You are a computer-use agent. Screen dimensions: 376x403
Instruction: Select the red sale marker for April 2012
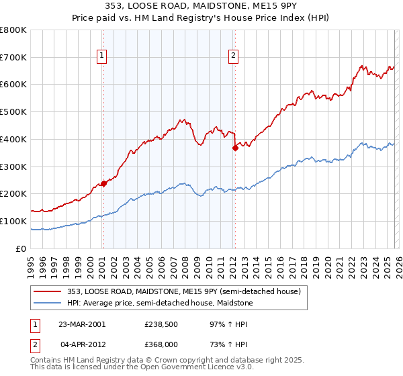click(235, 148)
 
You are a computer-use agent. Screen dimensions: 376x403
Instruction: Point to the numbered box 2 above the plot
click(234, 56)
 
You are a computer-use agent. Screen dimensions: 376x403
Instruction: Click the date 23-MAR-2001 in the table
click(83, 324)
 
